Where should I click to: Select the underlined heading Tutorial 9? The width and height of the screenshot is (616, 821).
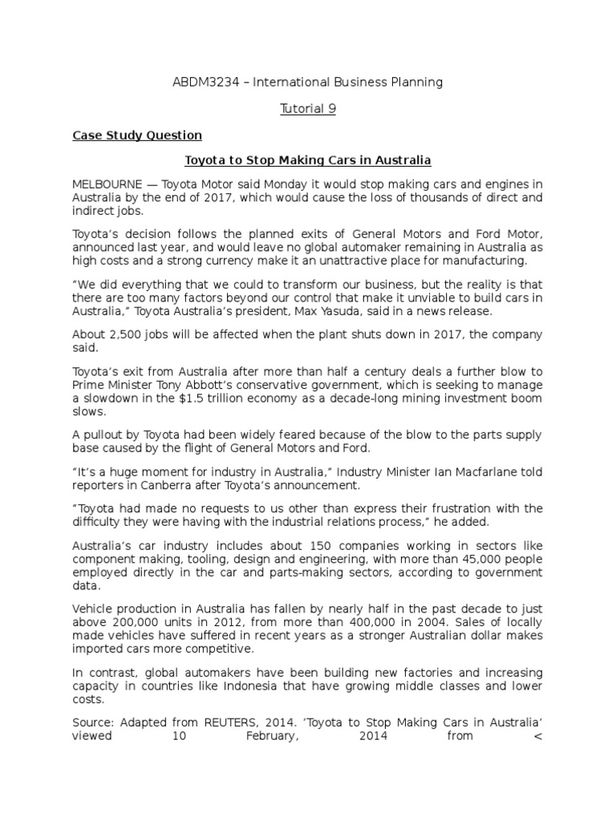coord(308,109)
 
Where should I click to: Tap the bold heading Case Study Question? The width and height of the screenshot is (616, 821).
coord(137,135)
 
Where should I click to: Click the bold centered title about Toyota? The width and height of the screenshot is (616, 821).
coord(308,160)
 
